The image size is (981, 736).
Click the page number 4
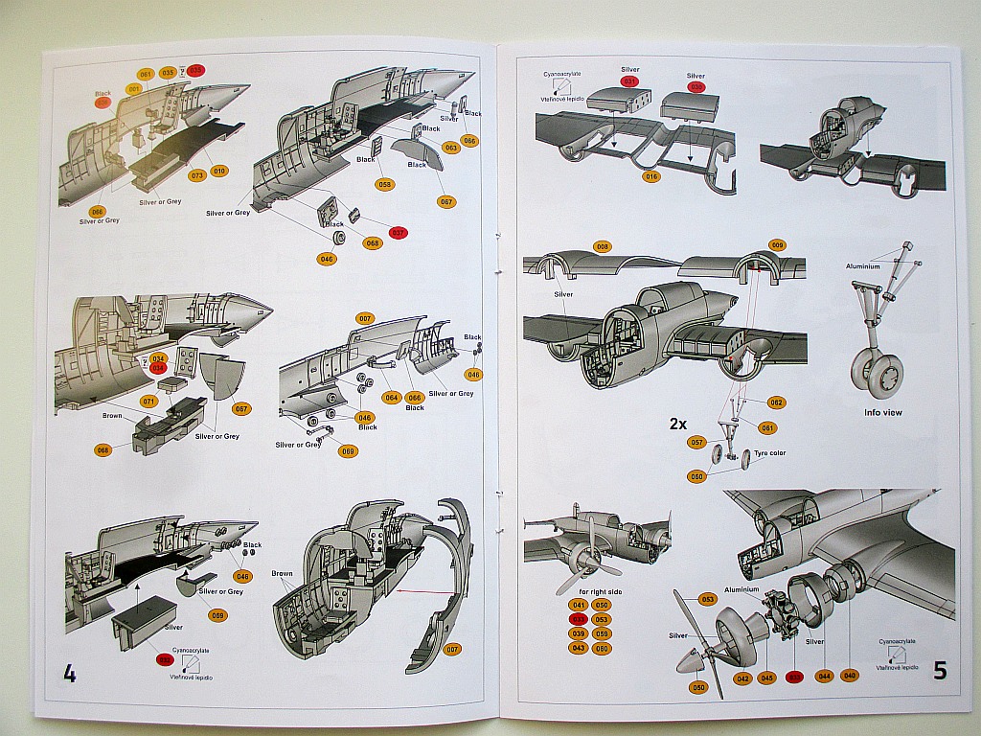[69, 673]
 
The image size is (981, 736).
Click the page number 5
[940, 671]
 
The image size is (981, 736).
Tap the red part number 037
[399, 233]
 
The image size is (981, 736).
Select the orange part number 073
[197, 175]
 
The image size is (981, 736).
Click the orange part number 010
[220, 172]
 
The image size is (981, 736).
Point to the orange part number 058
[385, 184]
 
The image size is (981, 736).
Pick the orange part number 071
[148, 401]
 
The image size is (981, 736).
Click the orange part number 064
[391, 397]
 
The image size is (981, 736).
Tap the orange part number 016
[651, 176]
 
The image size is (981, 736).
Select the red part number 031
[629, 81]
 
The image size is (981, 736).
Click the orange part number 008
[602, 246]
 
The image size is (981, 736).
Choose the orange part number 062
[776, 402]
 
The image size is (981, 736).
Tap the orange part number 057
[697, 443]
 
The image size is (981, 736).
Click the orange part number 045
[766, 678]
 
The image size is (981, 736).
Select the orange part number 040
[850, 676]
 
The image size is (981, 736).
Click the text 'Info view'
[883, 412]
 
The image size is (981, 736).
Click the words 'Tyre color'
[769, 452]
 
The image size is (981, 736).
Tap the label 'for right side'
[589, 591]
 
